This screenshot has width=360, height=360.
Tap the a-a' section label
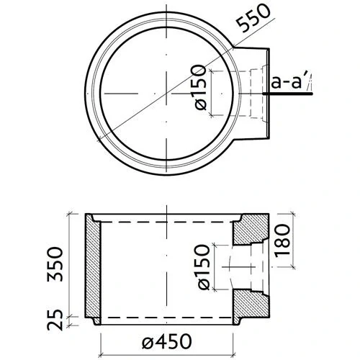[x=287, y=83]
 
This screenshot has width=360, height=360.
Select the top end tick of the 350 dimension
[x=71, y=214]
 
